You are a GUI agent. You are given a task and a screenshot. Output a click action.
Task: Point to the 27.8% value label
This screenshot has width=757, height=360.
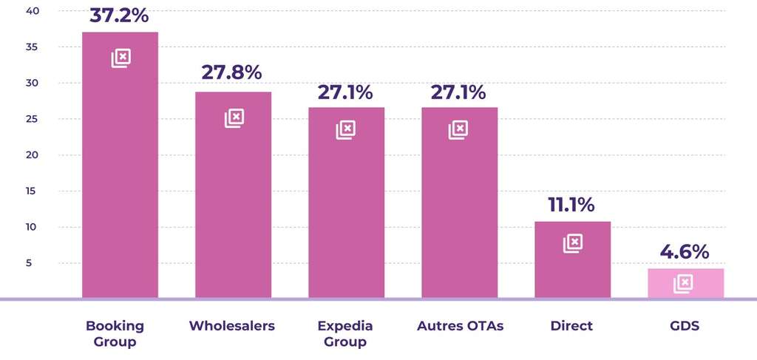232,72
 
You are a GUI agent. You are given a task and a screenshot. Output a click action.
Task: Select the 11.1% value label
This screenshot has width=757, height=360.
571,205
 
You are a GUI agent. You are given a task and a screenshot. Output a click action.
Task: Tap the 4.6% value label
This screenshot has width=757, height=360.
685,251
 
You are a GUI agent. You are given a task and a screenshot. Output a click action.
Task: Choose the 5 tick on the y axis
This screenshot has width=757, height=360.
34,263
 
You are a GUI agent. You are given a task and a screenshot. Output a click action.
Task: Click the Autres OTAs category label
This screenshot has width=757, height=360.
460,326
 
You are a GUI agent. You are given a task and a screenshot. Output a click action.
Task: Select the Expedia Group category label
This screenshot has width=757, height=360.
345,333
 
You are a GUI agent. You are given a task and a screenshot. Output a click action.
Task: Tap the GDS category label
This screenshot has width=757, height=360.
685,326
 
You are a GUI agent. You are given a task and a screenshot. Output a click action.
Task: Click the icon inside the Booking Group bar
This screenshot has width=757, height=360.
121,58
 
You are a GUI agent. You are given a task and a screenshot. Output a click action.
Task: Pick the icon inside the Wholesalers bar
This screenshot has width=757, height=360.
234,118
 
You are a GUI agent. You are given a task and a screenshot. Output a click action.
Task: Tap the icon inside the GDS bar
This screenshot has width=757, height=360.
683,283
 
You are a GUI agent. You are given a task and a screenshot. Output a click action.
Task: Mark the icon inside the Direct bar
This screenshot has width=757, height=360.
573,243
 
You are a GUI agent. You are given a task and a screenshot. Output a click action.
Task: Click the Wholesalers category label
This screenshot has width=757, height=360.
232,326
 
